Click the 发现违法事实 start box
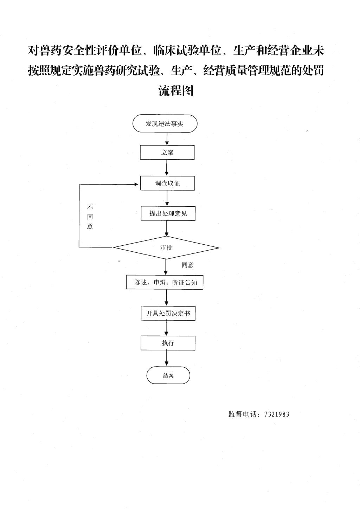click(x=165, y=124)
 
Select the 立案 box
click(x=167, y=153)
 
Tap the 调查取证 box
click(x=167, y=183)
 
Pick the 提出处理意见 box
click(x=168, y=213)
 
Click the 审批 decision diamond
click(x=166, y=248)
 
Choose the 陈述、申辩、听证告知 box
click(x=165, y=282)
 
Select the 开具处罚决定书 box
click(x=168, y=313)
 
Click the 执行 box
click(x=168, y=343)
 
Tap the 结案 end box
click(x=168, y=375)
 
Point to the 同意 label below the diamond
click(x=187, y=265)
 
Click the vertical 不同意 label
click(x=90, y=217)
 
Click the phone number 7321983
click(x=276, y=414)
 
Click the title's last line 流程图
click(x=176, y=91)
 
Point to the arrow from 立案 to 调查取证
click(x=167, y=168)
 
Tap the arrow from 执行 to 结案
click(x=167, y=359)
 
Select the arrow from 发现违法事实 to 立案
click(x=167, y=139)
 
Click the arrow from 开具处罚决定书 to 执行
click(x=167, y=328)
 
